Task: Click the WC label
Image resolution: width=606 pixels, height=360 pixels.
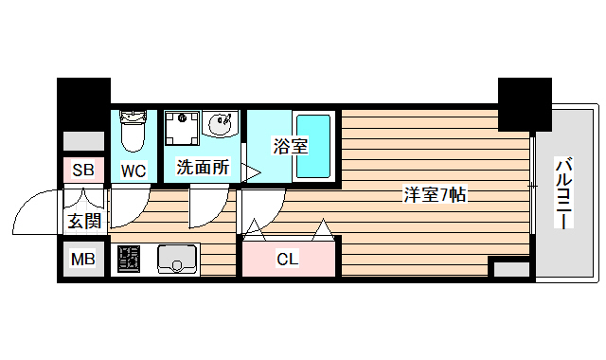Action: point(133,171)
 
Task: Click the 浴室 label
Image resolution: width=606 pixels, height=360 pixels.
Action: point(291,146)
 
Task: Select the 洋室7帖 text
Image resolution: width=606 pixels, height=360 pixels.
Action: point(435,196)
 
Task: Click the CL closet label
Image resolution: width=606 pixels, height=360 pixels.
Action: point(288,259)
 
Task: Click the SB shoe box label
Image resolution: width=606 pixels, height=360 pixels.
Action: point(83,171)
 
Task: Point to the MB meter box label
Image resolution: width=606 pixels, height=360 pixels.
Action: point(83,259)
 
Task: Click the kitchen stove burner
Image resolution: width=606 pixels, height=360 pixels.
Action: point(129,259)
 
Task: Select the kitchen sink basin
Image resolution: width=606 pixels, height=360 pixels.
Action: point(175,258)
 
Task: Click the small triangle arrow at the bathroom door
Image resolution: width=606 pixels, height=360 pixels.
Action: point(252,171)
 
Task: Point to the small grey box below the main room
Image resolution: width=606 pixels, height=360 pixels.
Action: point(510,269)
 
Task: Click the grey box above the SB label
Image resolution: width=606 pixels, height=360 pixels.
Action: point(83,140)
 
